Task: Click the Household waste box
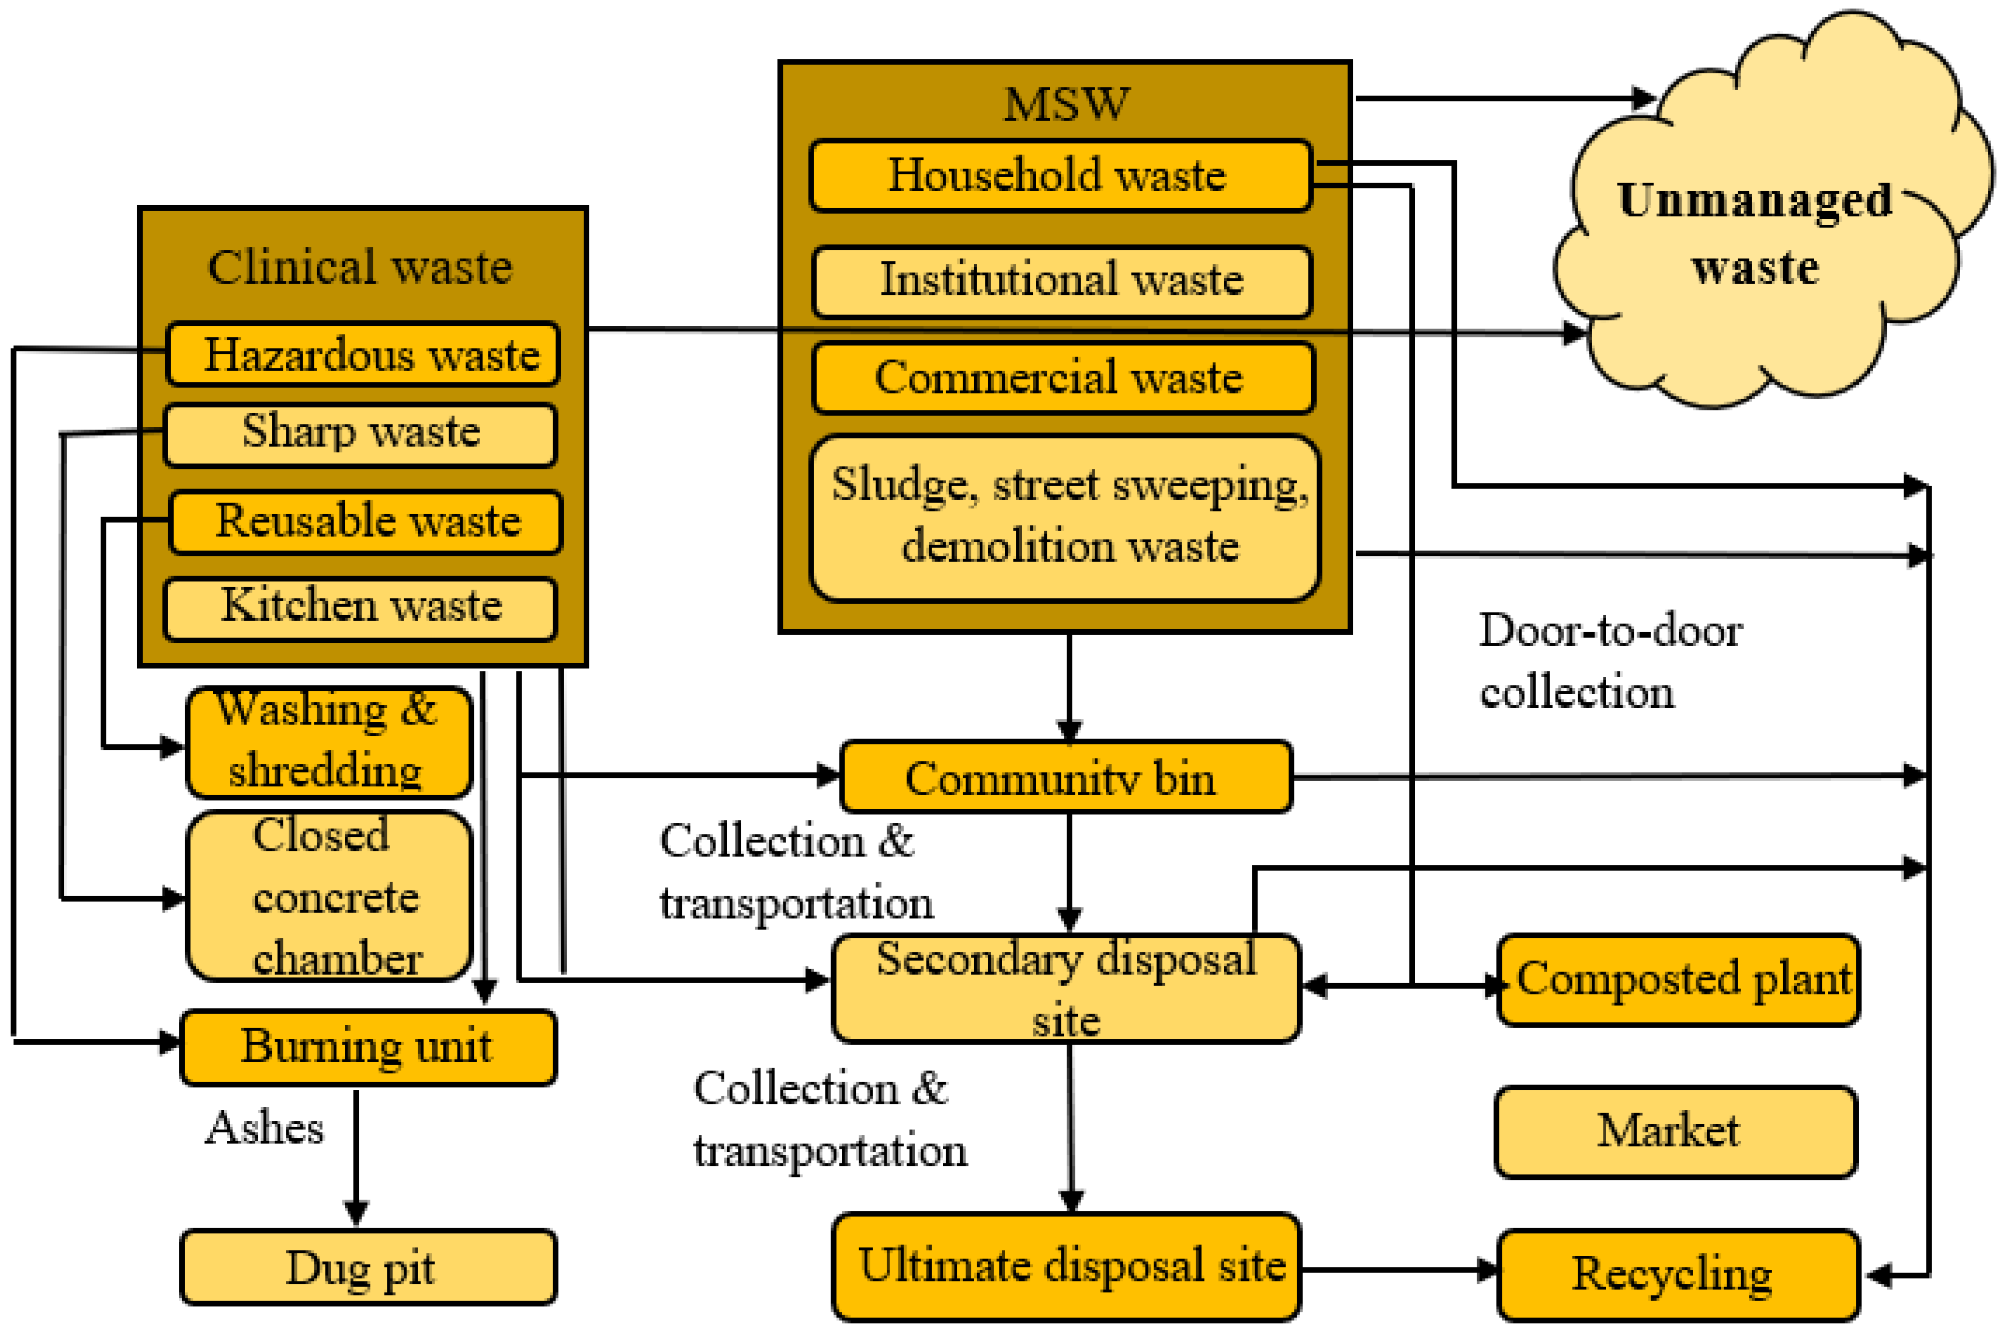click(x=1060, y=176)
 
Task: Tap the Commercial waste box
click(x=1062, y=378)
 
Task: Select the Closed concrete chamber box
click(x=329, y=896)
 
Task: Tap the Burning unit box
click(x=368, y=1047)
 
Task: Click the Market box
click(x=1675, y=1131)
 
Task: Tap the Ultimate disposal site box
click(x=1067, y=1266)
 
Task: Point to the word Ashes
click(x=264, y=1128)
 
